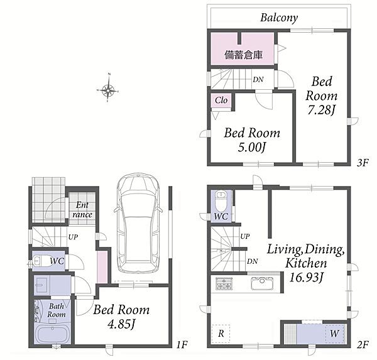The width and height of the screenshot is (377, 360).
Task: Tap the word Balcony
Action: [x=279, y=18]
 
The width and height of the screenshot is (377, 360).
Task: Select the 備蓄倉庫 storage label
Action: [x=243, y=55]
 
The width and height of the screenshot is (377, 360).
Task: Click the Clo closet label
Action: [x=221, y=101]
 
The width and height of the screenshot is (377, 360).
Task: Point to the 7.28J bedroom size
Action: [x=321, y=111]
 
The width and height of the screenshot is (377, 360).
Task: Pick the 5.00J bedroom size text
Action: [x=251, y=147]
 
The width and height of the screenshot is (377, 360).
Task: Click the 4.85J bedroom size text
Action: [x=121, y=324]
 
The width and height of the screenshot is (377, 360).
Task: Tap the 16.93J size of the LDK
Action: [x=305, y=277]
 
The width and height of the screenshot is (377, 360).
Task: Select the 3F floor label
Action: [x=363, y=163]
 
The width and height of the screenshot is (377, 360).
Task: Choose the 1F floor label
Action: [x=182, y=345]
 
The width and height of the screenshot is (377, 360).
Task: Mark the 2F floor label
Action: [x=363, y=345]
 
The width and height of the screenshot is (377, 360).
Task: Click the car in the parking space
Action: [x=139, y=223]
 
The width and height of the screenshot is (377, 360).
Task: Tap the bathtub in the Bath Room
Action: [x=52, y=334]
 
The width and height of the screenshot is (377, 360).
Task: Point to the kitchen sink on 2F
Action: [x=262, y=283]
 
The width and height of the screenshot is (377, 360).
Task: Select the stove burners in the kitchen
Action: [x=224, y=283]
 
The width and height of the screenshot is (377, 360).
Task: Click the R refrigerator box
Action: [x=221, y=334]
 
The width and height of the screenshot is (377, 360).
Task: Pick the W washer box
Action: [x=335, y=334]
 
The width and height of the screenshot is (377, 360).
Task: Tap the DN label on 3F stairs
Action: [x=258, y=79]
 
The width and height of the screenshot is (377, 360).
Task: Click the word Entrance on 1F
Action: [x=82, y=210]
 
